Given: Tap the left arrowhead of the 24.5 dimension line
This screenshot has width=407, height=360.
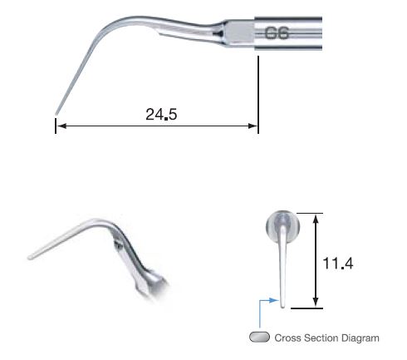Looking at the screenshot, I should click(60, 127).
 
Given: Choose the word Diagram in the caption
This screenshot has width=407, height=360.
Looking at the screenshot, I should click(360, 338).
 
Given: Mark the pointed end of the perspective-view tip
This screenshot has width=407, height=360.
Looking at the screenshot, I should click(30, 256).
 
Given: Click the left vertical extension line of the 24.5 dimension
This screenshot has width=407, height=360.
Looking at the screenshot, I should click(55, 126).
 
